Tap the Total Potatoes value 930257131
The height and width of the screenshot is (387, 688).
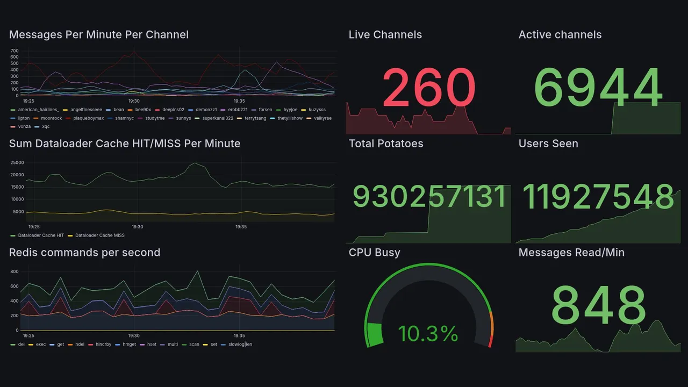pos(429,197)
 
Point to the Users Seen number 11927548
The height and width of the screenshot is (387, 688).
pos(598,197)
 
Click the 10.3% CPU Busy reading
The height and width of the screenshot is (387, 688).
pos(428,334)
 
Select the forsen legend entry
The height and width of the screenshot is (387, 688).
pos(265,110)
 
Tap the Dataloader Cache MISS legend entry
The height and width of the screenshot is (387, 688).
pos(99,235)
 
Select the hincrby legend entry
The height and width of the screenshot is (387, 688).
pos(103,344)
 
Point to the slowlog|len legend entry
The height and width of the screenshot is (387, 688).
pos(240,344)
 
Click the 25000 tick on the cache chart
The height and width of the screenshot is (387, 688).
pos(17,162)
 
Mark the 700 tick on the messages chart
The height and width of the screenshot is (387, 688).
pos(15,51)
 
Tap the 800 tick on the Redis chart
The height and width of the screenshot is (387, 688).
pos(15,272)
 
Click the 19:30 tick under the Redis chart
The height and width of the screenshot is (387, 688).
pos(134,335)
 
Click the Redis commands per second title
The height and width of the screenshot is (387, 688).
pos(84,253)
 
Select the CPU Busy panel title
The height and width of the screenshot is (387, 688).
pos(374,253)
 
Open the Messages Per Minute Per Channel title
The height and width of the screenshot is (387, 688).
pos(99,35)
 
